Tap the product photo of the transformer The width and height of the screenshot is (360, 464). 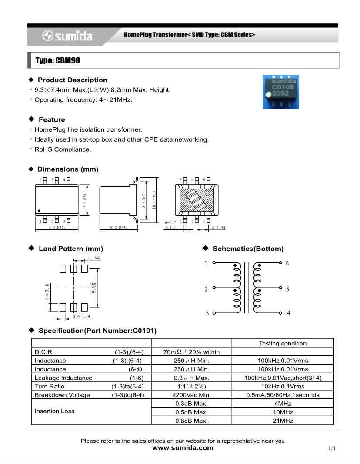coord(280,91)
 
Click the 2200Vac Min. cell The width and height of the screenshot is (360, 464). coord(192,395)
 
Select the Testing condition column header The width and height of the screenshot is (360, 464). coord(283,343)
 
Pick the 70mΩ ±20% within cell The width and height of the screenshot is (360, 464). coord(192,352)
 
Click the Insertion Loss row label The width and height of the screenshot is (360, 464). coord(55,411)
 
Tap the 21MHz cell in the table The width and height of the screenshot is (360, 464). coord(283,421)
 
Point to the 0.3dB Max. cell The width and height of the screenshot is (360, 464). coord(192,404)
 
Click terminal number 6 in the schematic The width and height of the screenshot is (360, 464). coord(287,263)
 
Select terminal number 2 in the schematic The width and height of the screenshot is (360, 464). coord(206,289)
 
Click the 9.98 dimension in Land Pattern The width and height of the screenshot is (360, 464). coord(94,288)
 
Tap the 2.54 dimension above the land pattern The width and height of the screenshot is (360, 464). coord(94,258)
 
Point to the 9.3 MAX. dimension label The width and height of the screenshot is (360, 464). coord(57,228)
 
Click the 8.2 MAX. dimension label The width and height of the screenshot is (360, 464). coord(118,228)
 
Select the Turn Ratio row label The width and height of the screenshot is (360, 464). coord(50,386)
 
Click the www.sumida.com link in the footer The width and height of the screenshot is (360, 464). coord(183,448)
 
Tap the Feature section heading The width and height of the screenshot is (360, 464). coord(52,119)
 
